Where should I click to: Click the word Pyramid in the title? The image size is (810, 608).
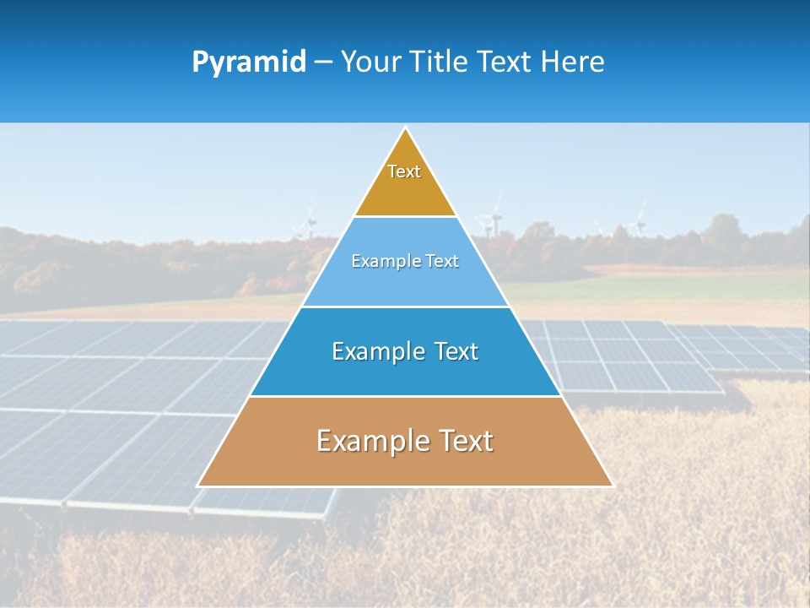point(249,62)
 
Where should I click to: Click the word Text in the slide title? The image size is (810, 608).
point(505,62)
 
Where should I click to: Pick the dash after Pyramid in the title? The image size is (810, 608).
point(322,62)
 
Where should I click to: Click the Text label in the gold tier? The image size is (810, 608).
point(404,171)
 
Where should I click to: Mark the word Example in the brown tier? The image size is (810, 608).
point(368,441)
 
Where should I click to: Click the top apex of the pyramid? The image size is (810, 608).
point(405,128)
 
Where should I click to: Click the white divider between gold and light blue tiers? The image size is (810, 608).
point(405,216)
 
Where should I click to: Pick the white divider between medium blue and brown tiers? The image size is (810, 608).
point(405,396)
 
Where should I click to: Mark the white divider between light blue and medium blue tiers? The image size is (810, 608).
point(405,307)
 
